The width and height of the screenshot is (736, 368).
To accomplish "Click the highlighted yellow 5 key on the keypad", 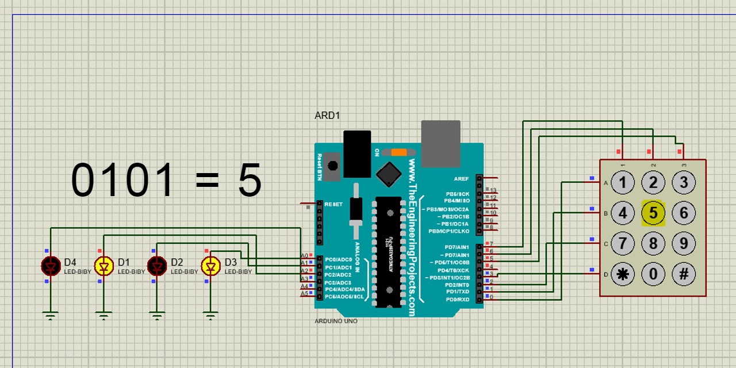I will point(653,213).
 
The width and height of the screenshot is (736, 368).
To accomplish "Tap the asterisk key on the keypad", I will point(622,274).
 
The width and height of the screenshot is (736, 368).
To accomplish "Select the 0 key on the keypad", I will point(653,274).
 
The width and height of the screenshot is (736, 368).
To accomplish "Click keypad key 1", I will point(622,183).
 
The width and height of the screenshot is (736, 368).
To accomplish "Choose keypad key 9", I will point(684,244).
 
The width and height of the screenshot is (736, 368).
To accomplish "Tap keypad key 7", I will point(622,244).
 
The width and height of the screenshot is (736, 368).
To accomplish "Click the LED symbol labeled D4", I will point(51,266).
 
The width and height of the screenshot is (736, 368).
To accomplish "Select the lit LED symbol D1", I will point(104,266).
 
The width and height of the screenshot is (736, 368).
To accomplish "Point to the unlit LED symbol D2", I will point(157,266).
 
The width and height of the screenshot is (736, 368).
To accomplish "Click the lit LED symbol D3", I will point(210,266).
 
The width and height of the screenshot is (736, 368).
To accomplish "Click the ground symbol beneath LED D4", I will point(51,315).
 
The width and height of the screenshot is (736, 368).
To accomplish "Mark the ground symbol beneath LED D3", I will point(210,315).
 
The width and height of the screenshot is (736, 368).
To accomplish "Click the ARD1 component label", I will point(327,116).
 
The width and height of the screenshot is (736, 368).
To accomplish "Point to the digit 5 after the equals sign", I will point(250,181).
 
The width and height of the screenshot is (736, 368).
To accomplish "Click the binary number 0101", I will point(123,181).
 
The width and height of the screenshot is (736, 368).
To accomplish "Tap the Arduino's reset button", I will point(332,166).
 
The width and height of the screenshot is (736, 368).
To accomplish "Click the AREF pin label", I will point(461,179).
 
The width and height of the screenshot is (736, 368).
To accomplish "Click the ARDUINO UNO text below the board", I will point(336,321).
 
